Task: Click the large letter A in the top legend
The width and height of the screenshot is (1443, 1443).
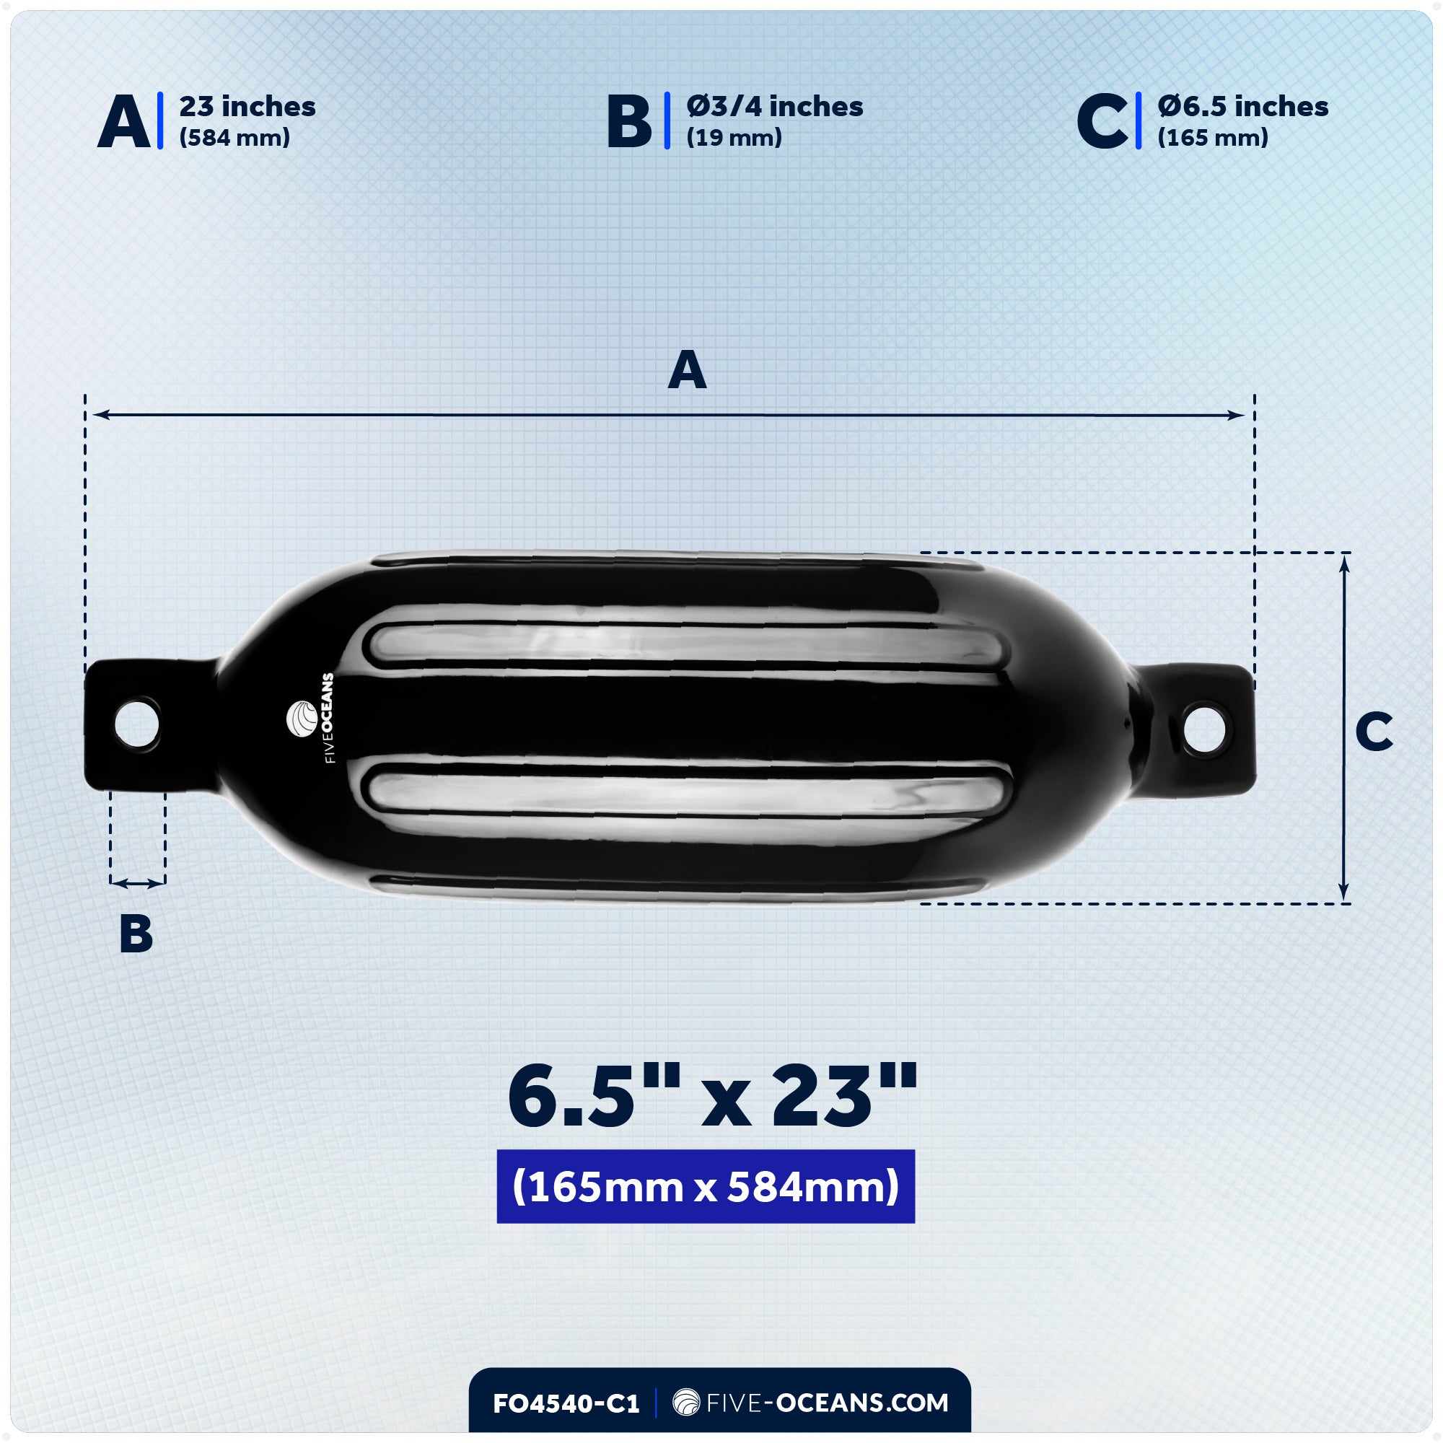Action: pyautogui.click(x=124, y=122)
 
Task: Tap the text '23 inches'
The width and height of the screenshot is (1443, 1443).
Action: pyautogui.click(x=247, y=107)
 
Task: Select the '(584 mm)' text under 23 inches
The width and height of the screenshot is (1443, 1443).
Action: pyautogui.click(x=234, y=137)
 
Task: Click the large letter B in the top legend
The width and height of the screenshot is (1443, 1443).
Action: pyautogui.click(x=629, y=122)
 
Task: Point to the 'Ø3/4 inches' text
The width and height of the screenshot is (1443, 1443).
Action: pyautogui.click(x=774, y=107)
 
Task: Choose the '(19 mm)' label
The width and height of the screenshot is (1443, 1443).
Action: pyautogui.click(x=734, y=137)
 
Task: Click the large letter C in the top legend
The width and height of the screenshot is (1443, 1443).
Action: pyautogui.click(x=1102, y=122)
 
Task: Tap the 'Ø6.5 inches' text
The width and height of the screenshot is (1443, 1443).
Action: pyautogui.click(x=1243, y=107)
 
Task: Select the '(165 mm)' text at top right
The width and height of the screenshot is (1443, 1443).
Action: pyautogui.click(x=1213, y=137)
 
